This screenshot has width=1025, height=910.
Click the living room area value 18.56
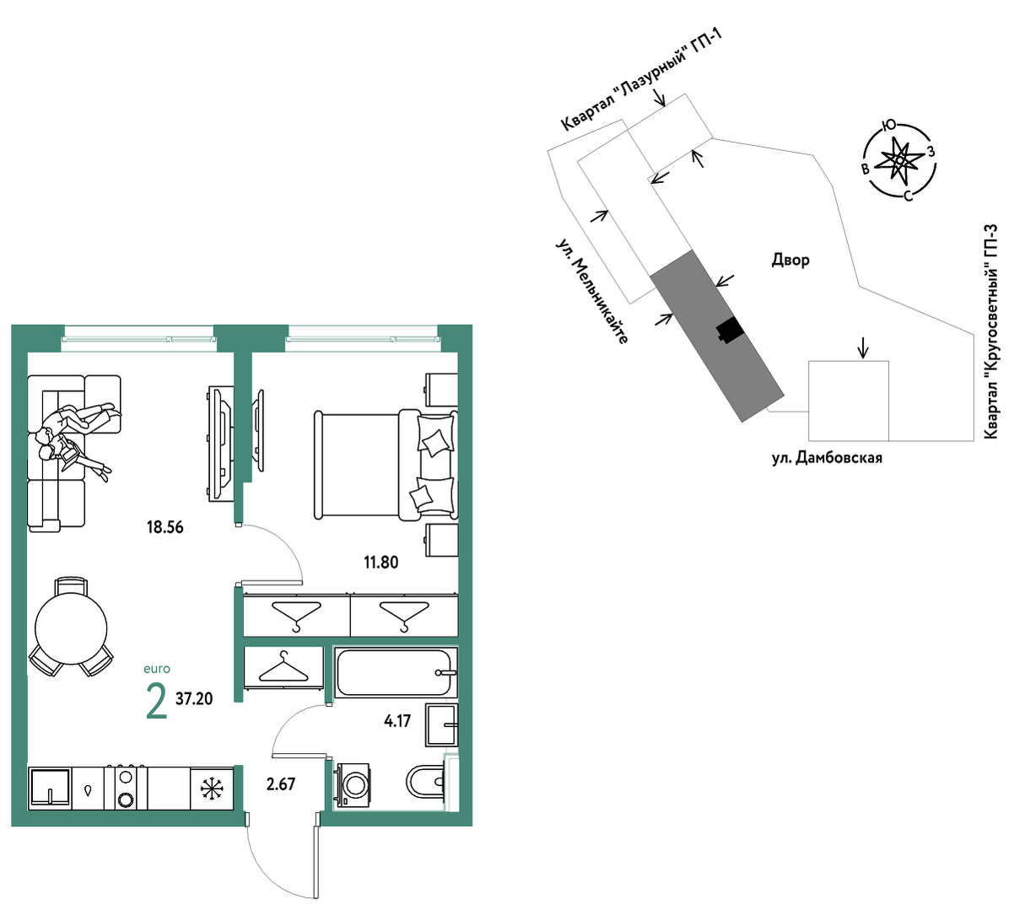pos(165,528)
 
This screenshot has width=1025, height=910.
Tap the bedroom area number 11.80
pos(381,562)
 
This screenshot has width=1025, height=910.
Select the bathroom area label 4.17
pos(397,720)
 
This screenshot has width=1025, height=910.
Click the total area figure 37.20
pos(194,698)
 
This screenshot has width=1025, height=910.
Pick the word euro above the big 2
pos(157,669)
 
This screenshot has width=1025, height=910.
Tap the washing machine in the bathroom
pos(352,784)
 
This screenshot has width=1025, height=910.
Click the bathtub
pos(395,672)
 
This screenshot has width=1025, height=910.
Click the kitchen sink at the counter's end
pos(50,789)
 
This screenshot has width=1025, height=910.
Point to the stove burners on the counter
pos(126,788)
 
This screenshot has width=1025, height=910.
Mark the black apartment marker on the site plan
pos(730,331)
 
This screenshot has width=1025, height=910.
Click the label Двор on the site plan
pos(790,260)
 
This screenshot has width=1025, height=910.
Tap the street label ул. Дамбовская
pos(828,458)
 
